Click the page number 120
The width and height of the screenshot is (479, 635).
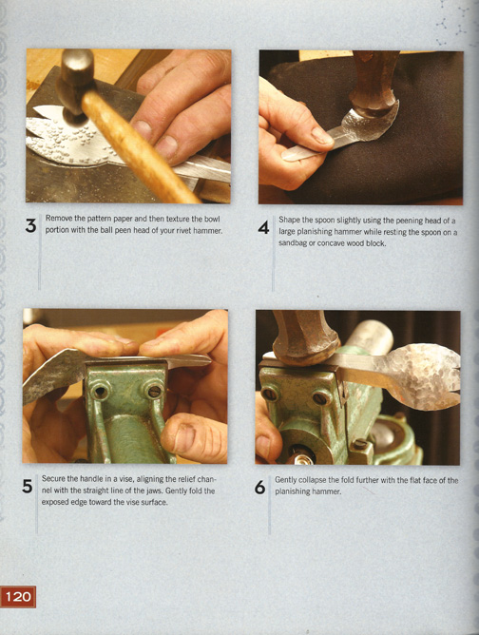pos(18,597)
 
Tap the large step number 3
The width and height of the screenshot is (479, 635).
pos(30,226)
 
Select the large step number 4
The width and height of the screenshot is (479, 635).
pos(263,228)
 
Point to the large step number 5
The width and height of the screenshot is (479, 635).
pos(28,486)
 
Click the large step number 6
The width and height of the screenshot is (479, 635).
pos(259,488)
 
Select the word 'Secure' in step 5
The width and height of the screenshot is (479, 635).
pos(52,479)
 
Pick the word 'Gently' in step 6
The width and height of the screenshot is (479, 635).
pos(285,480)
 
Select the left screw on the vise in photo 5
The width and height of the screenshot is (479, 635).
pos(99,392)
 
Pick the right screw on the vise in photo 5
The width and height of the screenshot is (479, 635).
pos(154,392)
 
